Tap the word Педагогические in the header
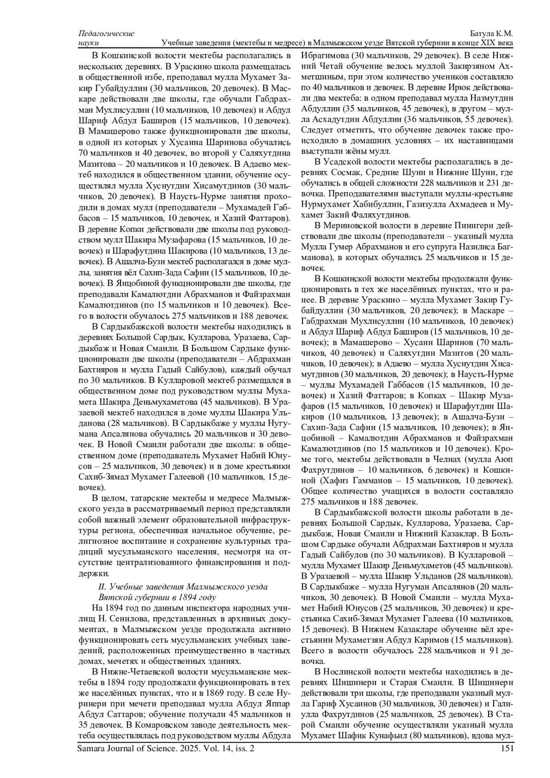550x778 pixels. tap(106, 34)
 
